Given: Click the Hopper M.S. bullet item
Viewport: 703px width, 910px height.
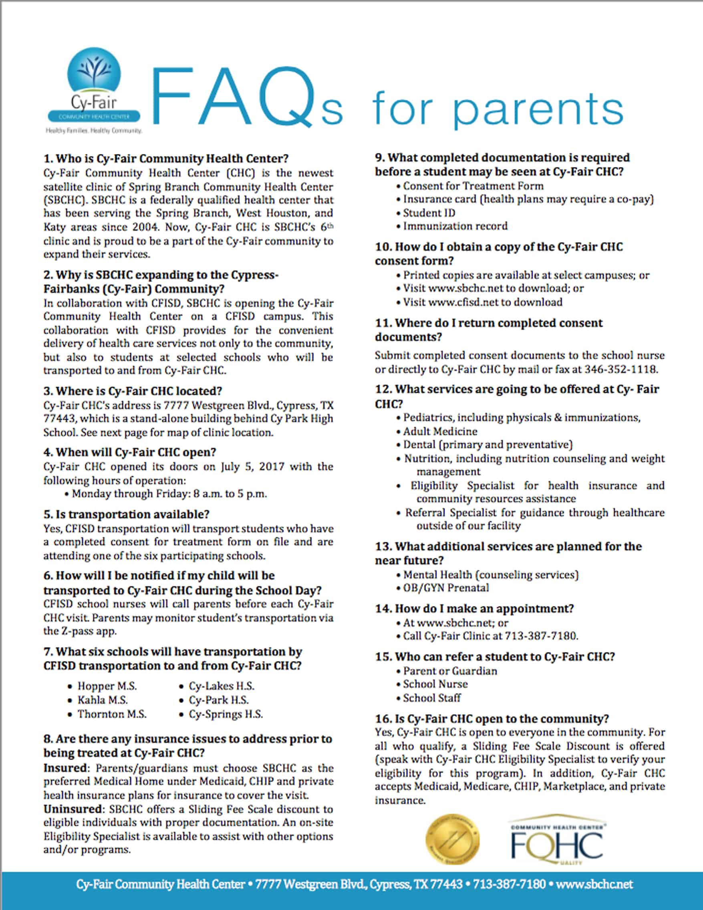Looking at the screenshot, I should point(107,686).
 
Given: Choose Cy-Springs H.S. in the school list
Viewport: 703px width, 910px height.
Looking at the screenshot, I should point(226,714).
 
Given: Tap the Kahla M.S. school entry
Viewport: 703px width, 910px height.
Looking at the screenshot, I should point(103,700).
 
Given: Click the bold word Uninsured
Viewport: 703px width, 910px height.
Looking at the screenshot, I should point(72,809).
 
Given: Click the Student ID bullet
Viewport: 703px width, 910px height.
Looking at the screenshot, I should point(429,213).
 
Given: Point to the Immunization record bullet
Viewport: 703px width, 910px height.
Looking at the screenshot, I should point(455,226).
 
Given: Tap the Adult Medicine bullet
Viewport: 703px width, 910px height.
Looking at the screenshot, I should point(440,431).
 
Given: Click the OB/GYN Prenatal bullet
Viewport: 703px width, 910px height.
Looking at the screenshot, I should point(446,588).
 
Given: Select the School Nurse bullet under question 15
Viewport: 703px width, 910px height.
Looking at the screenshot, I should point(435,684).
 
